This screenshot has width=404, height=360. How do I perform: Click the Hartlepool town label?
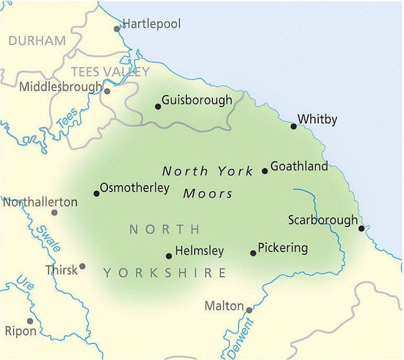[x=151, y=24]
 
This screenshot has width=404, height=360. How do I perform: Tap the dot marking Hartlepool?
[x=117, y=29]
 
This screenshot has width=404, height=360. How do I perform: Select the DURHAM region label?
[x=37, y=41]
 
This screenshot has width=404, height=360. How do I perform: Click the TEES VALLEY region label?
[x=110, y=72]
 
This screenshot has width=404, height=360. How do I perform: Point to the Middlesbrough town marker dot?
[x=107, y=92]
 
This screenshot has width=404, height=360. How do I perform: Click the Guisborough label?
[x=197, y=100]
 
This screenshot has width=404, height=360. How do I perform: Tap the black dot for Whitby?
[x=294, y=126]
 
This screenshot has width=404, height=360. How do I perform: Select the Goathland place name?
[x=300, y=167]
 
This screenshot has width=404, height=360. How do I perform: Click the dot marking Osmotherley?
[x=96, y=194]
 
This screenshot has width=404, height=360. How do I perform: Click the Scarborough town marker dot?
[x=361, y=228]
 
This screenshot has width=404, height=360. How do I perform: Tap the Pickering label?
[x=284, y=248]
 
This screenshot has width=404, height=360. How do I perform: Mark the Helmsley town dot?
[x=169, y=256]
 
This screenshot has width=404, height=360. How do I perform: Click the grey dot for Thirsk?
[x=82, y=267]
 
